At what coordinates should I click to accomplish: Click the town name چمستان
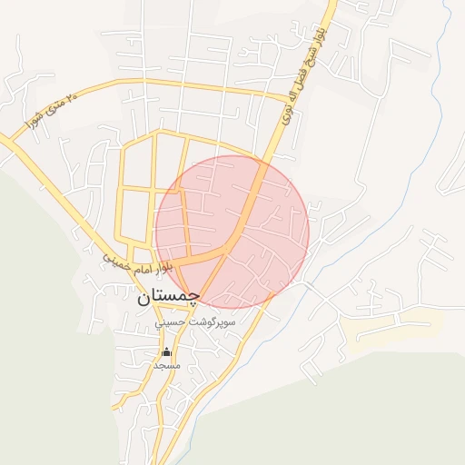(x=167, y=297)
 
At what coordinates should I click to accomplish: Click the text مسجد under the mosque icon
(x=166, y=364)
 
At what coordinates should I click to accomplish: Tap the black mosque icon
(x=166, y=351)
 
